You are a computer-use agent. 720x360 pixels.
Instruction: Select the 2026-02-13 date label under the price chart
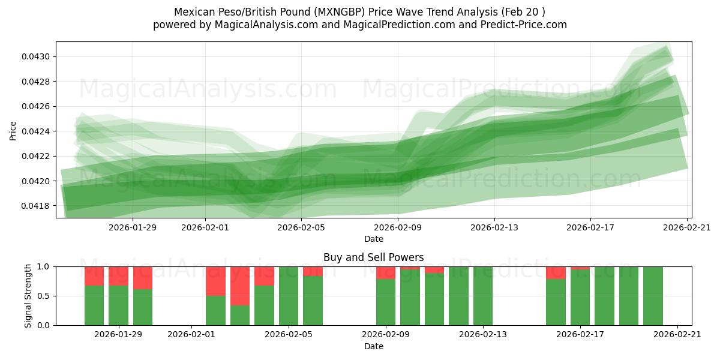coord(494,227)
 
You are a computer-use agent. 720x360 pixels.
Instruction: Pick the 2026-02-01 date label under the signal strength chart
coord(191,335)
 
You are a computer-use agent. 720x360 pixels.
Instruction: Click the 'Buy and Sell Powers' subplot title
coord(373,257)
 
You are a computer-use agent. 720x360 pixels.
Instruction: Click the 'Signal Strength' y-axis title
coord(28,296)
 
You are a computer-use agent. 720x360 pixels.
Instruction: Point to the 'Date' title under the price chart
coord(373,239)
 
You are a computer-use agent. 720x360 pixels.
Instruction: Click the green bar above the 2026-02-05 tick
coord(289,296)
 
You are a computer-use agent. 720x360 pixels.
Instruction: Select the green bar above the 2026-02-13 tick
coord(483,296)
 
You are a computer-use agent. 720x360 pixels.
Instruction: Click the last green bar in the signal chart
coord(653,296)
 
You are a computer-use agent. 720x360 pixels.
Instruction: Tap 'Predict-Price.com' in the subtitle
coord(524,25)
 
